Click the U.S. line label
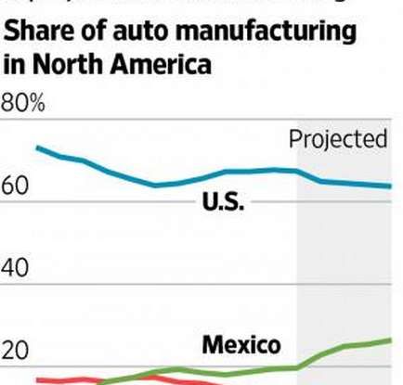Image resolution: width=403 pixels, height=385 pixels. [x=223, y=202]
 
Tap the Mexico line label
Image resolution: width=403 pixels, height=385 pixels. [x=240, y=345]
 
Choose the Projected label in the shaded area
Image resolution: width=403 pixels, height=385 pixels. [x=337, y=139]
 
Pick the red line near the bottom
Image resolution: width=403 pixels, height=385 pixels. [x=65, y=379]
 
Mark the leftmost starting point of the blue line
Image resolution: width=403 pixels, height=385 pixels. [x=36, y=148]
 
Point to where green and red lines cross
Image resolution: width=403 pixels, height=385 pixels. [x=103, y=380]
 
